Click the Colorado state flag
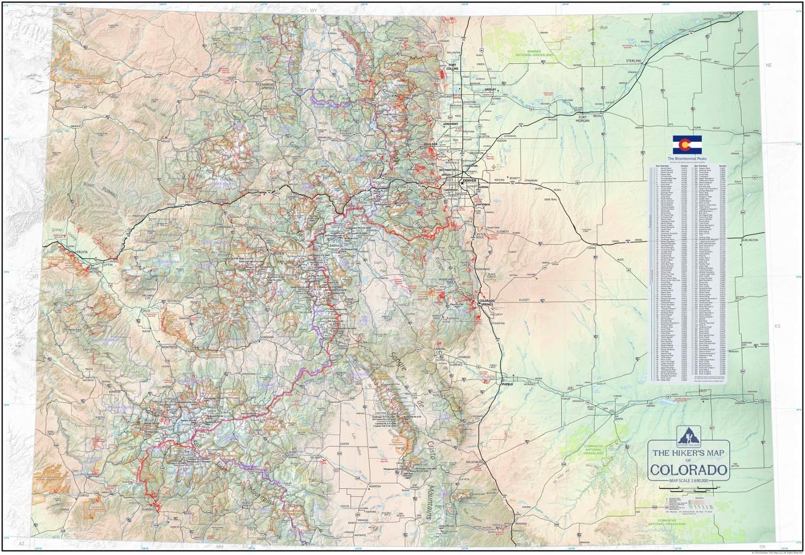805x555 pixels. [686, 145]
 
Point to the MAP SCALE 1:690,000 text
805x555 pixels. [688, 480]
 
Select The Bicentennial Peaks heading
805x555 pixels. [686, 159]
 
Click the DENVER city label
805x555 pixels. [469, 181]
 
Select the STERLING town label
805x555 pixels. [633, 61]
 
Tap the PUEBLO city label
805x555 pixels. [507, 383]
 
